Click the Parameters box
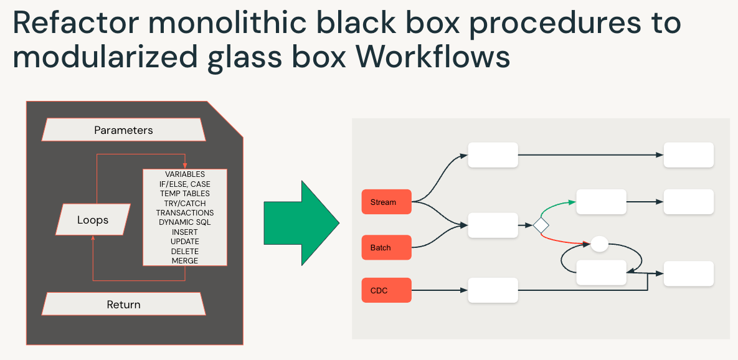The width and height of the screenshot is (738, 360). point(123,130)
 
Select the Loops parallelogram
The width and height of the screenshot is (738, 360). point(93,220)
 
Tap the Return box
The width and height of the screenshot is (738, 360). point(123,305)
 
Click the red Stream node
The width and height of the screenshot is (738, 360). point(386,202)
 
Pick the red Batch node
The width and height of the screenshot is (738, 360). point(386,247)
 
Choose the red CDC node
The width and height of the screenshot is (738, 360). point(386,290)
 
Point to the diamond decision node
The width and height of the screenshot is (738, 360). point(541,225)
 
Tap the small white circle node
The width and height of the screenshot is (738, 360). point(599,244)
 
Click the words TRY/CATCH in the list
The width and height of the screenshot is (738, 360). point(185,203)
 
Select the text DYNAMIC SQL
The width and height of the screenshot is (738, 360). point(185,222)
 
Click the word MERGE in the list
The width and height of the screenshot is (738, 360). point(185,260)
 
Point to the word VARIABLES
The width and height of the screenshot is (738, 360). point(185,174)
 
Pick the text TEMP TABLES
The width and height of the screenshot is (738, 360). point(185,194)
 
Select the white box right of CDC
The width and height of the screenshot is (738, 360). point(493,290)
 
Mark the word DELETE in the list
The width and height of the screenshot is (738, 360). point(185,251)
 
